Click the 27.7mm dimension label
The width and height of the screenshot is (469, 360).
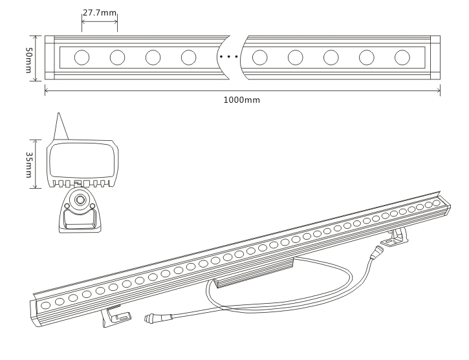[x=100, y=12]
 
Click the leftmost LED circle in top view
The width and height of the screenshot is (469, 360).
[x=82, y=58]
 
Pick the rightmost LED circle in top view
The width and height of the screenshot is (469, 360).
[x=402, y=58]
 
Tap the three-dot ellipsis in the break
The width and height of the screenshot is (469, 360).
[x=229, y=58]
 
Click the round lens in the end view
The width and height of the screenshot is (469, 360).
[x=80, y=200]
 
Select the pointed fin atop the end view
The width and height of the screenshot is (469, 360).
[x=61, y=127]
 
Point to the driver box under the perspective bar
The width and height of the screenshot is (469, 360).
[x=253, y=274]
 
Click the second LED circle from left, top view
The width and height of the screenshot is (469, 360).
[x=117, y=58]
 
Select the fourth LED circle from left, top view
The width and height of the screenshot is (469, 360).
[x=189, y=58]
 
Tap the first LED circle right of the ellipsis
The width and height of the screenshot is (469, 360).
[x=260, y=58]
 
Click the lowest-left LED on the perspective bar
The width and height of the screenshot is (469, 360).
[x=46, y=304]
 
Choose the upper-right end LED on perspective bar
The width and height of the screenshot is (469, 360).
[x=436, y=203]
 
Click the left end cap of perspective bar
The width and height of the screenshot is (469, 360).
[x=33, y=310]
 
